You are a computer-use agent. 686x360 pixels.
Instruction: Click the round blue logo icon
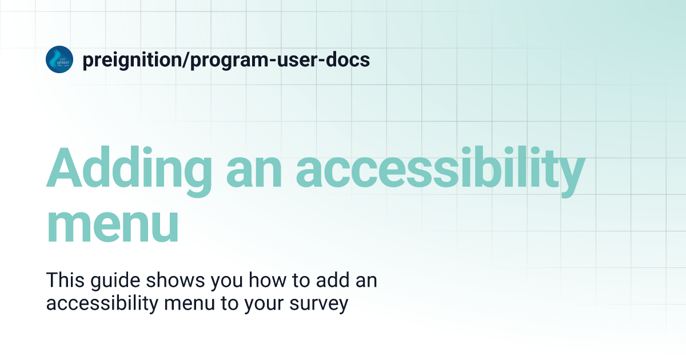(59, 59)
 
